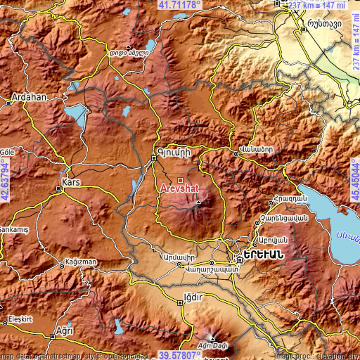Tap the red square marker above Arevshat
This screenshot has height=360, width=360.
click(x=180, y=180)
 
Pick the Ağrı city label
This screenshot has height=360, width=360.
click(x=65, y=330)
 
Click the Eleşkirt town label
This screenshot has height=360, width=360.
click(x=21, y=319)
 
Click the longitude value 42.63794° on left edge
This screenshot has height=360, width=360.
click(x=5, y=180)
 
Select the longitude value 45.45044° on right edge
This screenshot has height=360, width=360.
click(x=354, y=180)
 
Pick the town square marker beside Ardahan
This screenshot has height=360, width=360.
click(x=9, y=102)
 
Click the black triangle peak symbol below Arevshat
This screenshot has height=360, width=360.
click(x=199, y=203)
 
